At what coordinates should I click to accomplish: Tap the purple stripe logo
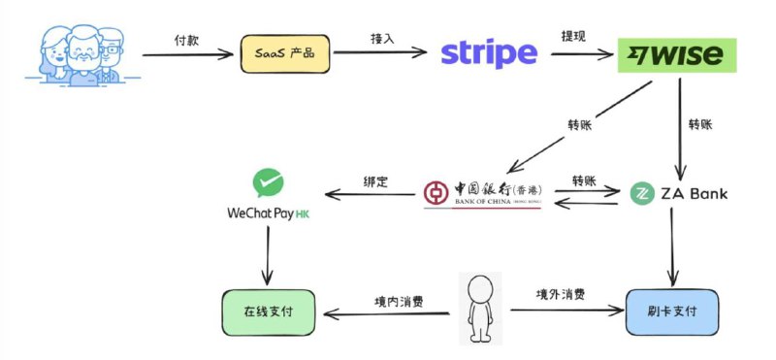pyautogui.click(x=488, y=54)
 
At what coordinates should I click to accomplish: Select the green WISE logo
pyautogui.click(x=677, y=56)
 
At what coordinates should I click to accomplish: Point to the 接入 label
pyautogui.click(x=382, y=39)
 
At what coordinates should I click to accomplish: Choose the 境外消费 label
pyautogui.click(x=561, y=294)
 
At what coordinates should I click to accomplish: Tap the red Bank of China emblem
pyautogui.click(x=436, y=192)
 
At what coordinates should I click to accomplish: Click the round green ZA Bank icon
pyautogui.click(x=640, y=194)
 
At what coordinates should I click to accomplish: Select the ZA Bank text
pyautogui.click(x=694, y=194)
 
